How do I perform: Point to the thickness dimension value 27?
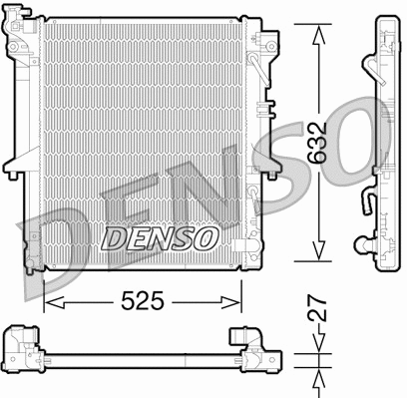point(318,312)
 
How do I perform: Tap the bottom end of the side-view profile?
point(383,261)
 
